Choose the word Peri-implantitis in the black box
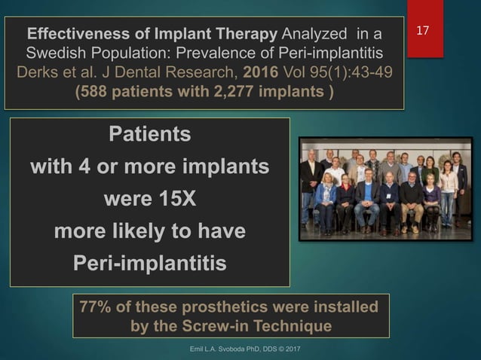coord(150,264)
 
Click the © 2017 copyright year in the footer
coord(288,351)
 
